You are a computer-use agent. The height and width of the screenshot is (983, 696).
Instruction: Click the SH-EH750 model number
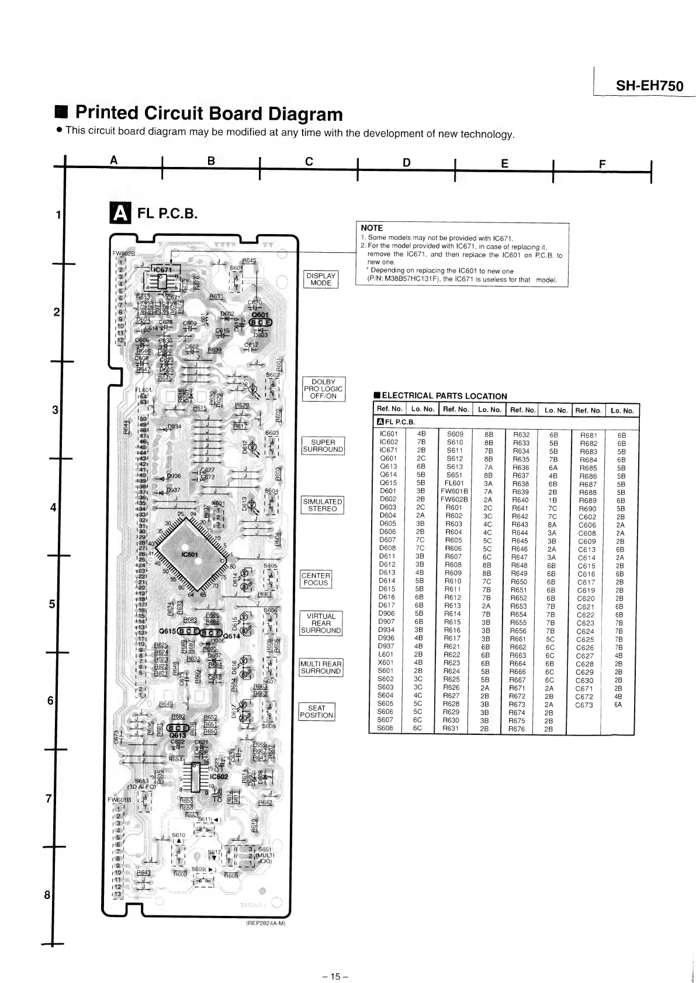point(649,86)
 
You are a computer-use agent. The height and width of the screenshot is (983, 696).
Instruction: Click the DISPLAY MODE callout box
point(321,279)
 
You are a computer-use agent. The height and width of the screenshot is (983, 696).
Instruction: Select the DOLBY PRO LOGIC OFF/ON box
point(323,389)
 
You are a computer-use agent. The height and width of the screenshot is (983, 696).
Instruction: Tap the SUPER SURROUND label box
point(323,446)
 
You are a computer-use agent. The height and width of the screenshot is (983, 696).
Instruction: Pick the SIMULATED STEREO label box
point(322,505)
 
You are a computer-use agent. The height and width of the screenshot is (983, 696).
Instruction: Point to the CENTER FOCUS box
point(316,579)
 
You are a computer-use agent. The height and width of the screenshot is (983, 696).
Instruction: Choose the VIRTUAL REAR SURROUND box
point(321,623)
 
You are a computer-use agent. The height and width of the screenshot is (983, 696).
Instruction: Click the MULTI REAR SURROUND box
point(320,667)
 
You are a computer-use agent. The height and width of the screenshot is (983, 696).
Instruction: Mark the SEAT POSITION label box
point(316,712)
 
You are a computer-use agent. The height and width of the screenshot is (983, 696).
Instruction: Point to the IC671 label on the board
point(161,270)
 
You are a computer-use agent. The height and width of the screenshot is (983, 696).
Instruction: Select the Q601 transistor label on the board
point(259,315)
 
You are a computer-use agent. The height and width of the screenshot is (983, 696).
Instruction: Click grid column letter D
point(406,162)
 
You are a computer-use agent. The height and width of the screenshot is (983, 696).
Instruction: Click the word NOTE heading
point(372,228)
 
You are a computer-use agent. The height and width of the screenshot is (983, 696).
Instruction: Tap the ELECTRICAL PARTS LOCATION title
point(444,396)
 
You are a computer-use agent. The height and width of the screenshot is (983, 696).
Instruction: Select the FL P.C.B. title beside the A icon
point(167,214)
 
